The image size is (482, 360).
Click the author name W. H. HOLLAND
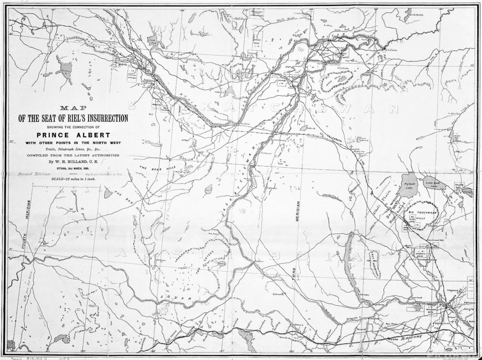click(x=74, y=160)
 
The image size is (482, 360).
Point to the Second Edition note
click(x=31, y=175)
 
